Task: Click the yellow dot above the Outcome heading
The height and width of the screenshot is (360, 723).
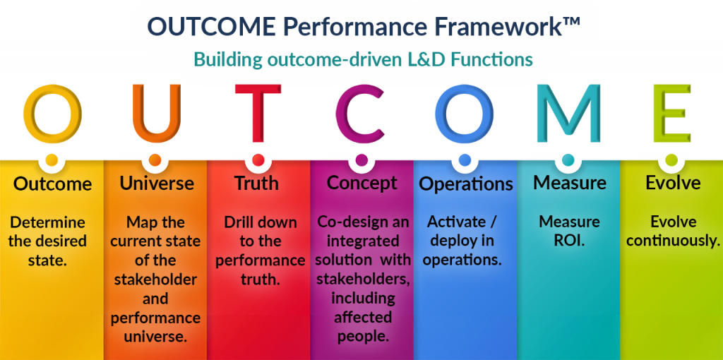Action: tap(52, 160)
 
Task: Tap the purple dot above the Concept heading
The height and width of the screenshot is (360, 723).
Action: tap(361, 160)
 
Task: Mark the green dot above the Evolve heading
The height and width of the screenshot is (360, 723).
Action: tap(671, 160)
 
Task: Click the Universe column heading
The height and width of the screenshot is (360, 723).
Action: tap(157, 184)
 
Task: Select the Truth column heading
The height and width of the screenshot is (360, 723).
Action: tap(257, 184)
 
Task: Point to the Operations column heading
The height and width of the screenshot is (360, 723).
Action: tap(466, 184)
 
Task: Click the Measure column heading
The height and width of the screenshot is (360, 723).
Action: tap(570, 184)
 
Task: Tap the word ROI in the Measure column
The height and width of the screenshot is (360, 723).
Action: tap(570, 241)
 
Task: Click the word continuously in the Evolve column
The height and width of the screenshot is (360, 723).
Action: tap(673, 241)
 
